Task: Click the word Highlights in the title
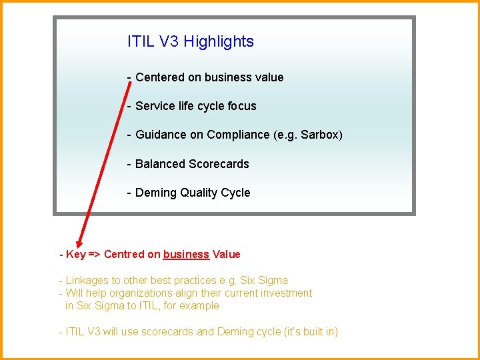tap(219, 42)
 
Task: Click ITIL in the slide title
tap(141, 42)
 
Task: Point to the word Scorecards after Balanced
tap(219, 164)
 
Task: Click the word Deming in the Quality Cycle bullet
tap(155, 193)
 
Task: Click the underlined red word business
tap(186, 254)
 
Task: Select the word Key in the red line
tap(75, 254)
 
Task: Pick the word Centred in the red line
tap(123, 254)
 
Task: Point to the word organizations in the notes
tap(124, 293)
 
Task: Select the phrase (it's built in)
tap(311, 331)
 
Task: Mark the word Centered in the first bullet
tap(160, 77)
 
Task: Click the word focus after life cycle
tap(241, 106)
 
